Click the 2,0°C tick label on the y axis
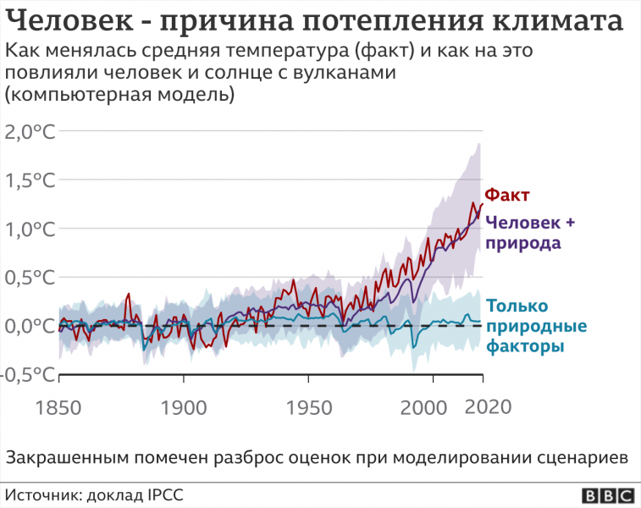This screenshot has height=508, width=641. pos(31,131)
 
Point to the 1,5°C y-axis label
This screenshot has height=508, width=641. pos(31,180)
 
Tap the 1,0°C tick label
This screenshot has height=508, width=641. pos(31,229)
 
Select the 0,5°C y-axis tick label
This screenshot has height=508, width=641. pos(31,278)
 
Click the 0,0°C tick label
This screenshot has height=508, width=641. pos(31,326)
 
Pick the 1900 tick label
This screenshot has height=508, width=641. pos(184,407)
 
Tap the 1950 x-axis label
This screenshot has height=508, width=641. pos(311,407)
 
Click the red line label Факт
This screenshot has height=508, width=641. pos(506,196)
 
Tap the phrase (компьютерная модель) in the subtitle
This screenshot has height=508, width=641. pos(119,95)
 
